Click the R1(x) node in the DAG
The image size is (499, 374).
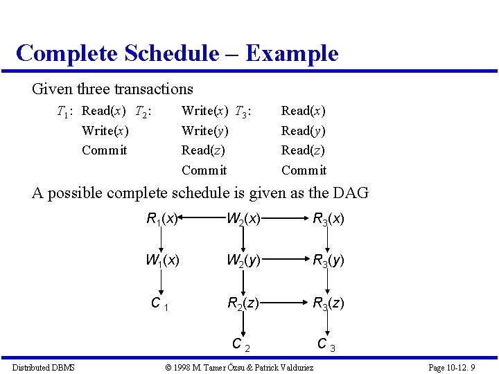point(163,220)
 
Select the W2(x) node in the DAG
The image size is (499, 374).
point(243,220)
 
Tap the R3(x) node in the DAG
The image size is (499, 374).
point(329,220)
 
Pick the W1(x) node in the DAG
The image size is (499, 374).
point(162,261)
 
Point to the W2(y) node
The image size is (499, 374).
point(243,261)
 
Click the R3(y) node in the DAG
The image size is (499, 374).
point(329,261)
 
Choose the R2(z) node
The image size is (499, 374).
point(243,303)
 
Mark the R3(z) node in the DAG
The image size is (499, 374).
point(329,303)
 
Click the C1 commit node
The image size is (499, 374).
point(160,303)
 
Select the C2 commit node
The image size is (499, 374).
point(240,344)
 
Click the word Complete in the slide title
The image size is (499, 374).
point(67,53)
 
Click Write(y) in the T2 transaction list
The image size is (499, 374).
point(204,130)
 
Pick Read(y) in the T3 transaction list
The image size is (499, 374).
point(304,130)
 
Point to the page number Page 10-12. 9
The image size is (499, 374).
point(452,367)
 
